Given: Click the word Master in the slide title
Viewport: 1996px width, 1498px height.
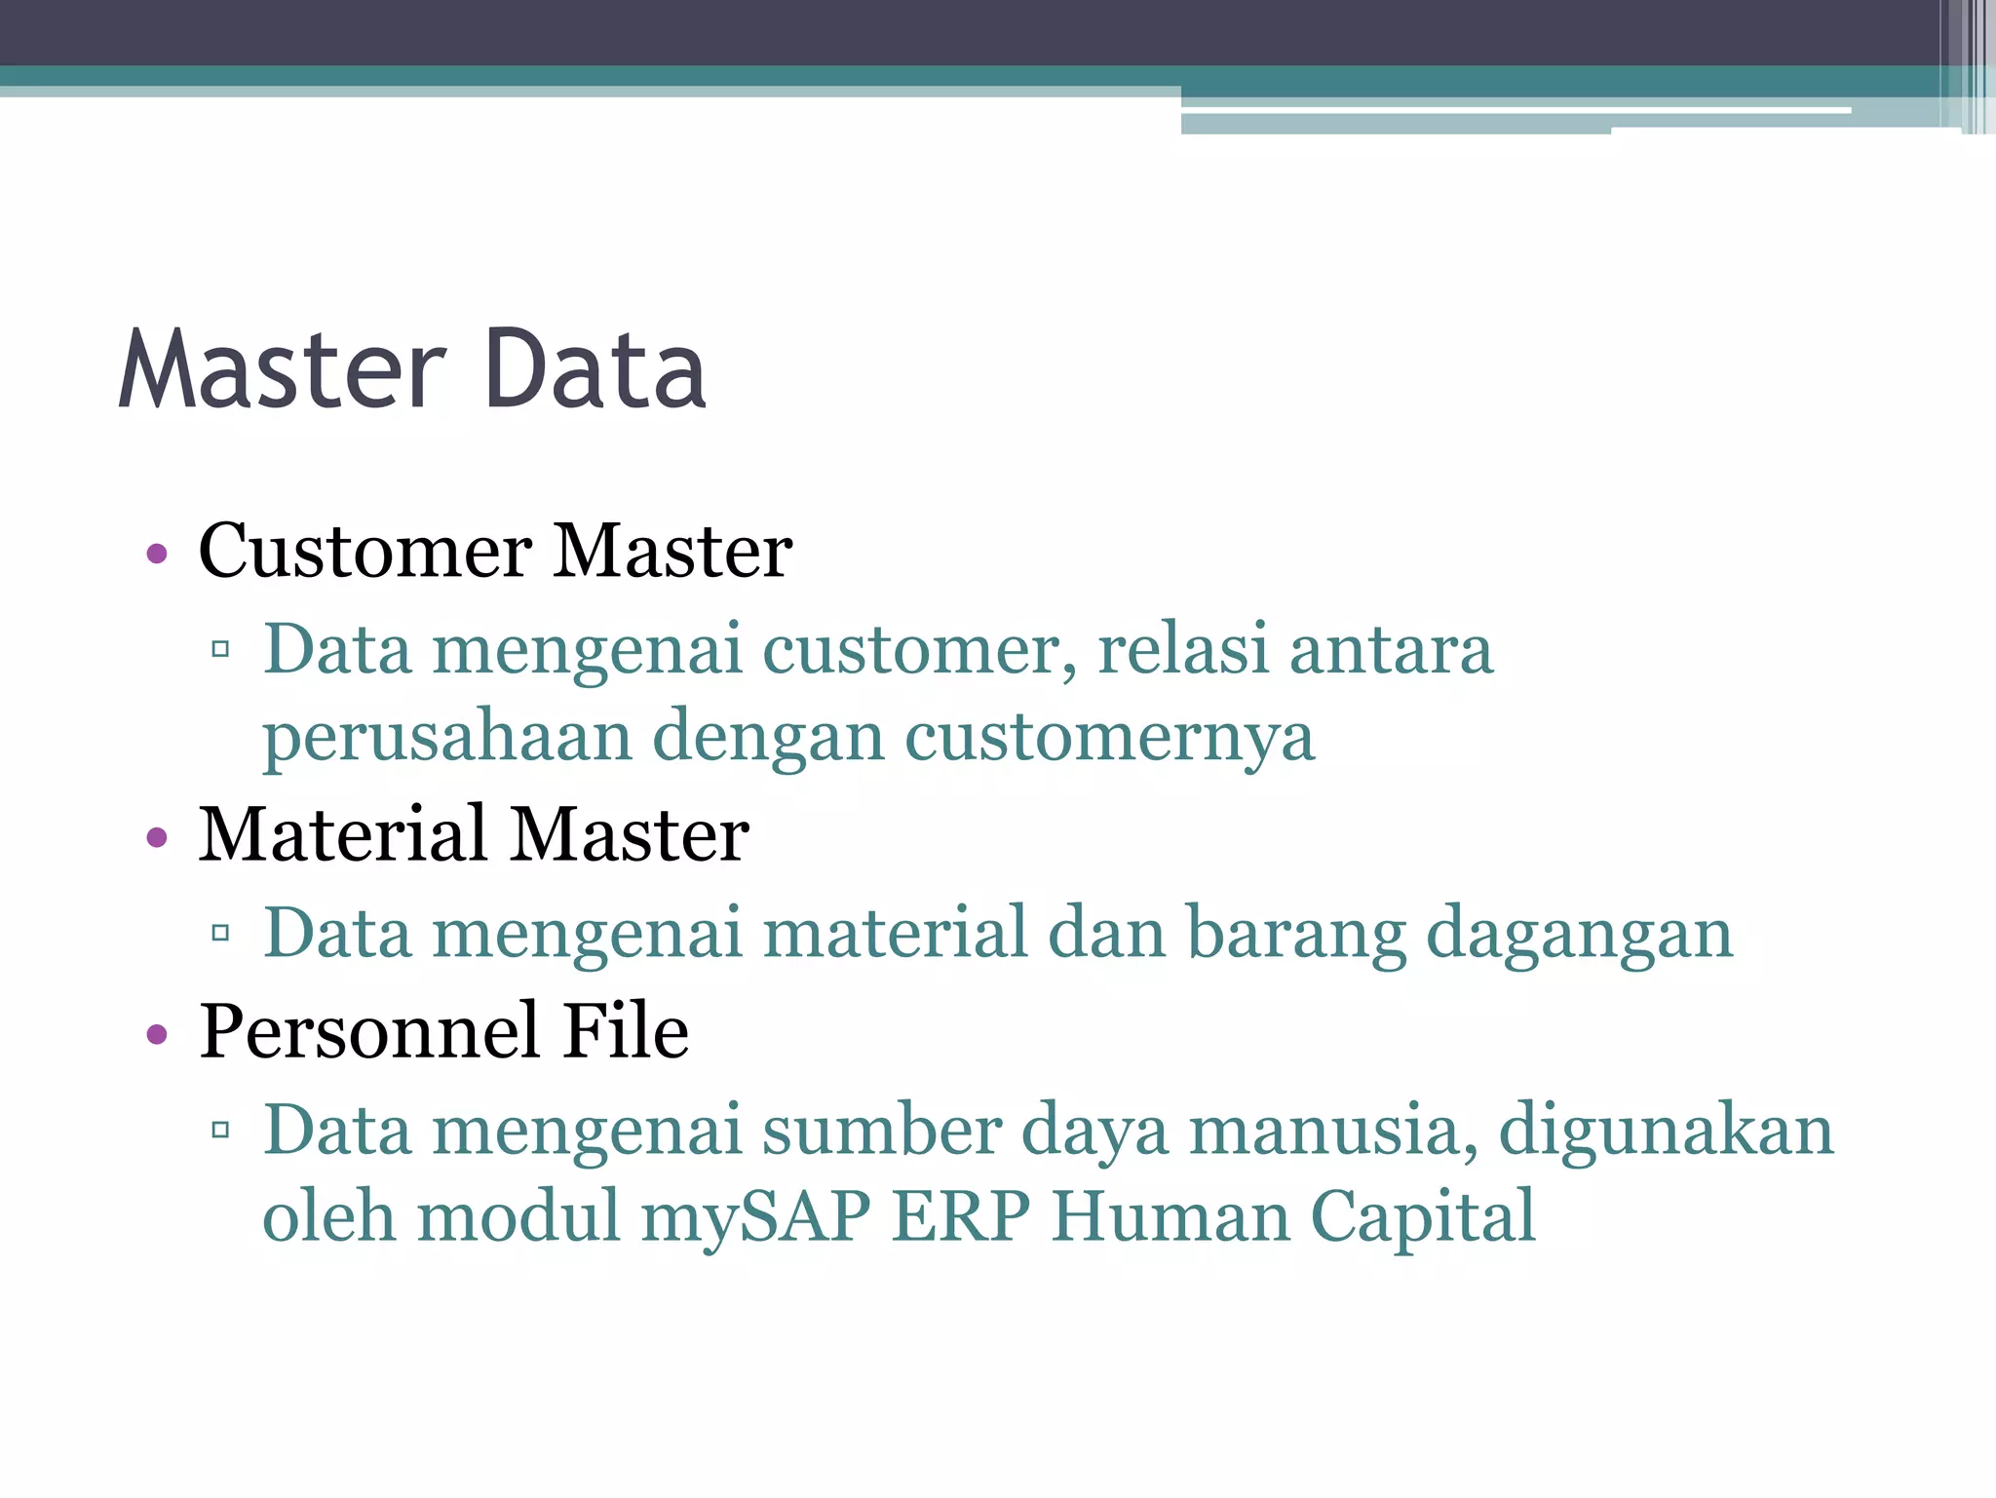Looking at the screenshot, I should click(x=283, y=370).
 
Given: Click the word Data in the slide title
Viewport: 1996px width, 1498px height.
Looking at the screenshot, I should click(x=595, y=370).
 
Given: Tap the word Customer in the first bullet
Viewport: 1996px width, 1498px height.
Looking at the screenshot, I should click(x=365, y=552).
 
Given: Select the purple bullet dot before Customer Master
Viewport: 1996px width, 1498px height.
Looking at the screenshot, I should click(x=157, y=555).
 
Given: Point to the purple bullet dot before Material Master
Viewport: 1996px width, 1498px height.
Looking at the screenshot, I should click(x=157, y=837).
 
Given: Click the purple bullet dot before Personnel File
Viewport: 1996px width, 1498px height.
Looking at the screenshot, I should click(x=157, y=1034).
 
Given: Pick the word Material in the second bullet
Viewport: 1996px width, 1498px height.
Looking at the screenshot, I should click(x=342, y=835).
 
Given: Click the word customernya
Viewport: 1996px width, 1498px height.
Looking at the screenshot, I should click(x=1110, y=738).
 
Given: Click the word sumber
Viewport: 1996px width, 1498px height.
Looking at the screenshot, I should click(x=882, y=1131).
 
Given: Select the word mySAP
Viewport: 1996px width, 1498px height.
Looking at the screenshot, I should click(x=755, y=1218).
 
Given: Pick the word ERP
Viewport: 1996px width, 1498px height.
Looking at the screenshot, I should click(x=961, y=1216).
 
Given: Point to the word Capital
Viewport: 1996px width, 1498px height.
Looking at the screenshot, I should click(x=1422, y=1218).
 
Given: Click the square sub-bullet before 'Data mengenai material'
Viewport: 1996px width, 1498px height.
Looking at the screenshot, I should click(x=220, y=933).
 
